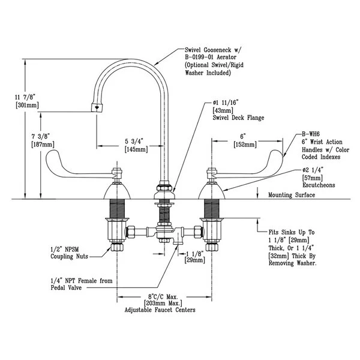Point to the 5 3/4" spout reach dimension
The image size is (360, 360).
point(133,141)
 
